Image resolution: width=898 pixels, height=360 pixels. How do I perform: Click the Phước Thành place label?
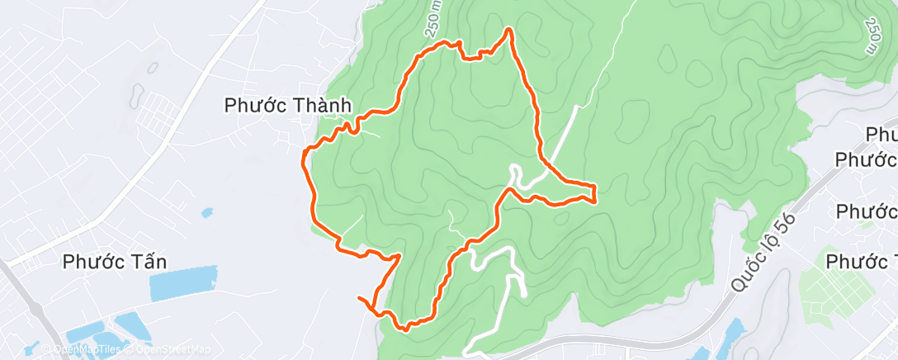(x=289, y=106)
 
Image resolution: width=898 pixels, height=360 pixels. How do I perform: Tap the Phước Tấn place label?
(x=116, y=263)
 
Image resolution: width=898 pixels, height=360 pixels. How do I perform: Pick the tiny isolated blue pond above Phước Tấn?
(x=206, y=213)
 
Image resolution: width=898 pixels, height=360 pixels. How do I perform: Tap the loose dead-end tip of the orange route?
(x=359, y=296)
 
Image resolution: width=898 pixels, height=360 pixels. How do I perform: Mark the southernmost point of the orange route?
(x=405, y=328)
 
